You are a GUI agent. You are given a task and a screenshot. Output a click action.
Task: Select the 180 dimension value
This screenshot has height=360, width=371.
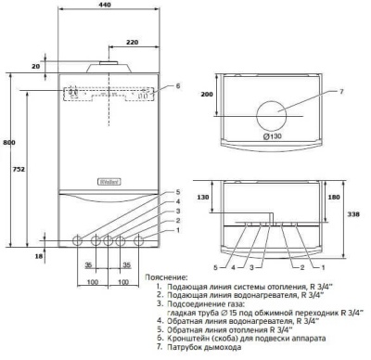[x=330, y=197]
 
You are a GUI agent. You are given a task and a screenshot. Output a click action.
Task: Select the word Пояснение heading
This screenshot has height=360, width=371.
[x=169, y=276]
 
